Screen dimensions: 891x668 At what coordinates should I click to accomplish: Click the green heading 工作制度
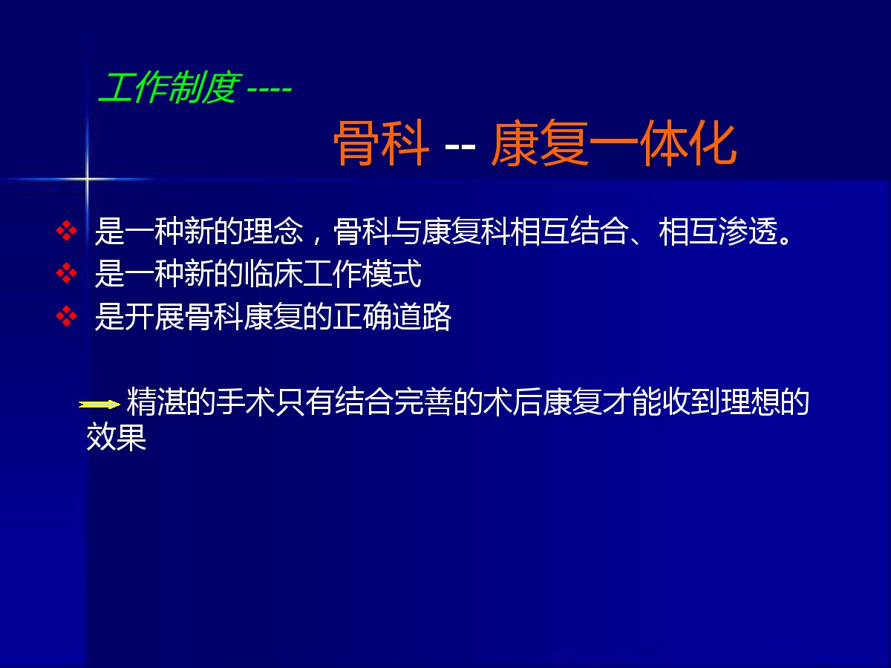point(169,87)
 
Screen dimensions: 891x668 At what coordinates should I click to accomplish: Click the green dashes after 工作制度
point(270,89)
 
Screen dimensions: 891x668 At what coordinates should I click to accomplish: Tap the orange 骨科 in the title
point(381,143)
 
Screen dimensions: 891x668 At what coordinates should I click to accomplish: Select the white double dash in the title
point(460,146)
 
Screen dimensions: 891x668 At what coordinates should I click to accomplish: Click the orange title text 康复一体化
point(614,143)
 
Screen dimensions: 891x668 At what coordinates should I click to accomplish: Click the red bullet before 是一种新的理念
point(67,230)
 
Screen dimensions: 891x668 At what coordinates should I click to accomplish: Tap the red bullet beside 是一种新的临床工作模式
point(67,273)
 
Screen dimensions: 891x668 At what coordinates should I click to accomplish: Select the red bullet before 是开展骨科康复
point(67,316)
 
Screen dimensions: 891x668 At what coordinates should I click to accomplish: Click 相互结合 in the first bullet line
point(570,231)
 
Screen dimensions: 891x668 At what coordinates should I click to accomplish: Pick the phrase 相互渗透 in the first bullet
point(718,231)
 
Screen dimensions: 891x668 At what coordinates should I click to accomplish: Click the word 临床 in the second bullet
point(273,274)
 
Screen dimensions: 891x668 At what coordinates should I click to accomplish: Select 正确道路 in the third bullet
point(392,317)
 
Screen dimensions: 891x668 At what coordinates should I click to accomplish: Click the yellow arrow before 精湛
point(99,405)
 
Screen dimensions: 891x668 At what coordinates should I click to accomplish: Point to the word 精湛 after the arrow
point(157,402)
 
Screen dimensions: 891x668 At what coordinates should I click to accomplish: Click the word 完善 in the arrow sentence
point(423,402)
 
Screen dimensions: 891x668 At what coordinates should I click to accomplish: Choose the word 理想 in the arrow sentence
point(750,402)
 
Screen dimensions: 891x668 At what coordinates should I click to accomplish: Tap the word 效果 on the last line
point(117,437)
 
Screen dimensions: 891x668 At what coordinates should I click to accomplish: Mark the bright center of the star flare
point(87,178)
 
